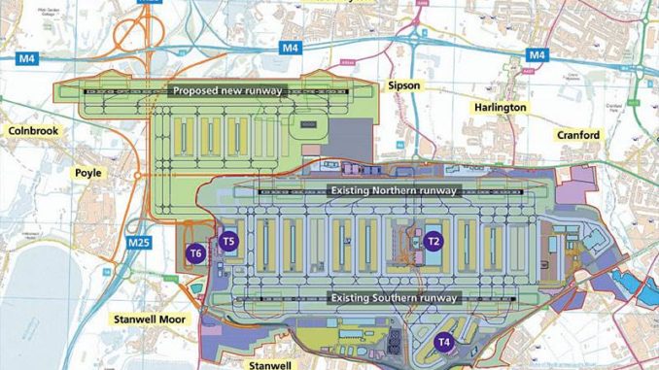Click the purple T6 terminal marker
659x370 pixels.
(196, 253)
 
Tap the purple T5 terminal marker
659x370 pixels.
(228, 241)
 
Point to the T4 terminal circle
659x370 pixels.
(443, 341)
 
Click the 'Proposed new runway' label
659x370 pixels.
(226, 91)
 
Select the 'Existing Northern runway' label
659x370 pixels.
(393, 191)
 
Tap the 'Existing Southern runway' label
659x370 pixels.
(393, 297)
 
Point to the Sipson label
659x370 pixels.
(403, 85)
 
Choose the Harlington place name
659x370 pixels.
(501, 107)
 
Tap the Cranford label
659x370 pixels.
(579, 135)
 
